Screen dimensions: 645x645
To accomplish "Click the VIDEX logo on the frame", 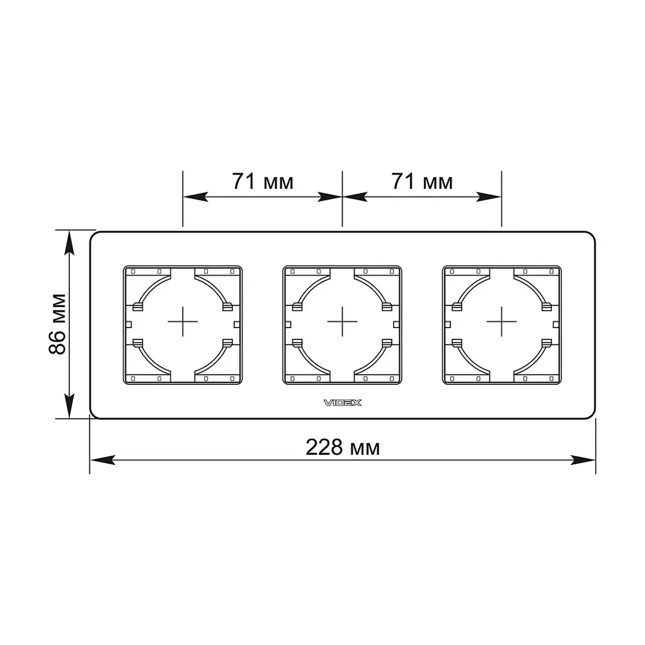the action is pyautogui.click(x=343, y=402).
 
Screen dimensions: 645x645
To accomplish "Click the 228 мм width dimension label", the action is pyautogui.click(x=343, y=447).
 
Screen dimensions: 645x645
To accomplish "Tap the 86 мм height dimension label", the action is pyautogui.click(x=57, y=324).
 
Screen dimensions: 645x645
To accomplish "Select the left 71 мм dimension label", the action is pyautogui.click(x=263, y=181).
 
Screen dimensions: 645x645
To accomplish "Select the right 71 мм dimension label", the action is pyautogui.click(x=422, y=181).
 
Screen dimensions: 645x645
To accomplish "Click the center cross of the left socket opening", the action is pyautogui.click(x=183, y=321).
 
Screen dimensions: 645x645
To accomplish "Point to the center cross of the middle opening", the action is pyautogui.click(x=342, y=321).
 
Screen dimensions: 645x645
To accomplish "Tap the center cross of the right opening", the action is pyautogui.click(x=501, y=321).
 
